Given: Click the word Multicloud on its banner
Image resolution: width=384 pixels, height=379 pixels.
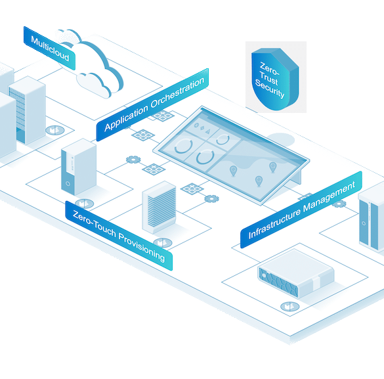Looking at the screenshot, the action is [x=50, y=49].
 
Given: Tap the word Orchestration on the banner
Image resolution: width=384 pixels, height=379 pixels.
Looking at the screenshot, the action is [x=177, y=93].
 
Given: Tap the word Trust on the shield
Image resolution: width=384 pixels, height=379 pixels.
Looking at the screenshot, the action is [x=269, y=78].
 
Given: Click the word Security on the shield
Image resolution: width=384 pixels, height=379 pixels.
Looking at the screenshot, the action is [x=270, y=89].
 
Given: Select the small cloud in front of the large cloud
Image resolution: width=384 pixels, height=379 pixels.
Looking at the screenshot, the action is [x=94, y=85].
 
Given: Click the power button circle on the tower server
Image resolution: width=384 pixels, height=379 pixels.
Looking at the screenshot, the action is [x=68, y=183].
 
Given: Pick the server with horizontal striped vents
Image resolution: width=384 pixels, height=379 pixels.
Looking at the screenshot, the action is [x=160, y=208].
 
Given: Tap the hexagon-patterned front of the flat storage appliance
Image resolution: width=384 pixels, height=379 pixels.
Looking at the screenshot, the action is [x=278, y=282].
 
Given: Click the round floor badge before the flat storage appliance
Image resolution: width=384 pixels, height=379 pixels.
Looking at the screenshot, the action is [x=289, y=306].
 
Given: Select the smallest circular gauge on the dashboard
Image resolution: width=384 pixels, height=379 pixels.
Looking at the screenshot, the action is [x=223, y=139].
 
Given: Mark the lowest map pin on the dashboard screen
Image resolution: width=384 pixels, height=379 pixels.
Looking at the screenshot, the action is [x=259, y=181].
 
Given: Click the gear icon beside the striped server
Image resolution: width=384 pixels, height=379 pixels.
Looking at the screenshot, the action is [x=211, y=198].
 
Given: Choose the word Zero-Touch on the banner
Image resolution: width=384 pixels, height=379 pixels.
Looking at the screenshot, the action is [x=95, y=224].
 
